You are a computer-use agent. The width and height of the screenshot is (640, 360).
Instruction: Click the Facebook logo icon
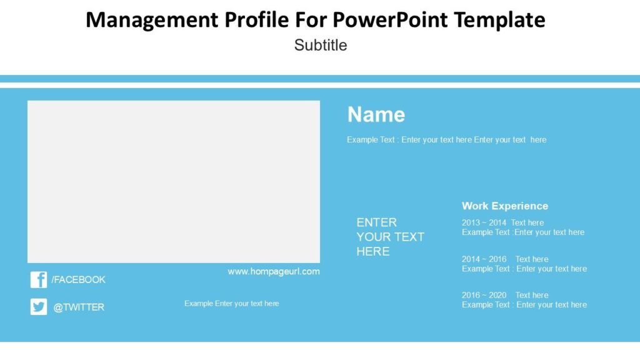(x=38, y=279)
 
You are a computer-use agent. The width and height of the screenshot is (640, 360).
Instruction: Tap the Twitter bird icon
(x=38, y=307)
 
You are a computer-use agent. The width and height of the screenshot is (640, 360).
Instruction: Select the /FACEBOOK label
(x=78, y=279)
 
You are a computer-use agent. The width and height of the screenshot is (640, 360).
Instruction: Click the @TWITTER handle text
(x=79, y=307)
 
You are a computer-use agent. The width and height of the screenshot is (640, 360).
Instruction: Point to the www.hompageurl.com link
(x=274, y=271)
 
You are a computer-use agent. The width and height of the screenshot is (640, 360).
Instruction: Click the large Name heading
(x=376, y=114)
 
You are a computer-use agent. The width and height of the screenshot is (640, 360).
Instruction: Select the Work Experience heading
(x=505, y=206)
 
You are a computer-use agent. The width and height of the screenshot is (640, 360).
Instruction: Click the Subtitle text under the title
(x=321, y=45)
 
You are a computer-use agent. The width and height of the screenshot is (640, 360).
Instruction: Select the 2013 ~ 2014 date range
(x=484, y=222)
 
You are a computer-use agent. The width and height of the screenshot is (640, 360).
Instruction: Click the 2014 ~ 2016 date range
(x=484, y=259)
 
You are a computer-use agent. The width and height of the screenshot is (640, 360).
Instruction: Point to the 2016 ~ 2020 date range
(x=484, y=295)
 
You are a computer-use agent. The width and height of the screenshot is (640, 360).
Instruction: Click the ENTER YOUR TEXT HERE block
(x=390, y=237)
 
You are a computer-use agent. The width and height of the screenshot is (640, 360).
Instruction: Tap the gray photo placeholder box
(x=174, y=181)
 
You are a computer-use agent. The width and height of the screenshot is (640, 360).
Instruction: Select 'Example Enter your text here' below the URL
(x=231, y=304)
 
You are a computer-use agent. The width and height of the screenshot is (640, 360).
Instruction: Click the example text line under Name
(x=446, y=140)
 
